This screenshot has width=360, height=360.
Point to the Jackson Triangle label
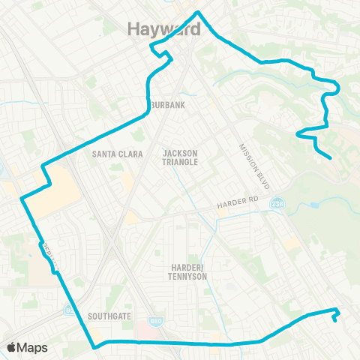pyautogui.click(x=180, y=157)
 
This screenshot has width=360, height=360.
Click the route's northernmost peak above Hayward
pyautogui.click(x=197, y=12)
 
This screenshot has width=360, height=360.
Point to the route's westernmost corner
pyautogui.click(x=20, y=199)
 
